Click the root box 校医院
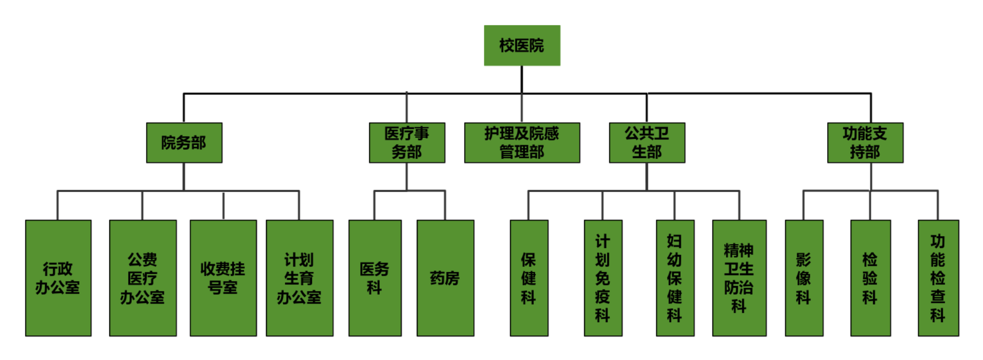coord(522,45)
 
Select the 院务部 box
coord(184,143)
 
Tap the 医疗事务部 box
coord(407,143)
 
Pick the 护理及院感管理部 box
coord(522,143)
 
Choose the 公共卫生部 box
coord(647,143)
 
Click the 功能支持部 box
coord(865,143)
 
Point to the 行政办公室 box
coord(58,278)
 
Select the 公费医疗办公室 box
coord(143,278)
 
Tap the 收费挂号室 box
coord(223,278)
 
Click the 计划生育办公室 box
coord(300,278)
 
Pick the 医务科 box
coord(375,278)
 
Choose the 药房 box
coord(445,278)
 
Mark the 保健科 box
coord(529,278)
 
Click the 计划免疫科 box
coord(603,278)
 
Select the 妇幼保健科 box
coord(675,278)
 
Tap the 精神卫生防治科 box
coord(739,278)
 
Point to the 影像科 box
coord(804,278)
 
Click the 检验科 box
coord(870,278)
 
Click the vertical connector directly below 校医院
coord(522,79)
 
